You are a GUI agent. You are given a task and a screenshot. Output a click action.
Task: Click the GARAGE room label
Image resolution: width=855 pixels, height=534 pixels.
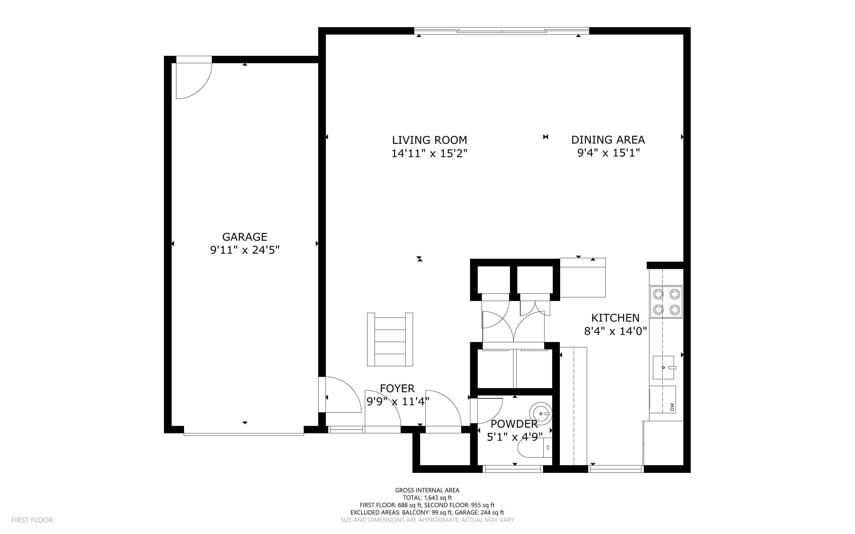click(x=244, y=237)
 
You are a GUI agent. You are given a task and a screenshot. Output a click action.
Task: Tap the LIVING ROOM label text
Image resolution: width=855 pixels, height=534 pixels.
click(x=430, y=140)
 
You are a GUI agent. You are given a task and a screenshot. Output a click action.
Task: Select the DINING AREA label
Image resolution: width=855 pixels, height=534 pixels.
click(x=608, y=140)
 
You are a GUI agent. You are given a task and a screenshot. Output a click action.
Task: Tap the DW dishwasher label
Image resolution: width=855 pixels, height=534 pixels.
click(x=672, y=407)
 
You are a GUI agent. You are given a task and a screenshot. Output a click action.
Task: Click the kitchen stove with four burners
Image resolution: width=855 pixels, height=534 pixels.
click(x=666, y=302)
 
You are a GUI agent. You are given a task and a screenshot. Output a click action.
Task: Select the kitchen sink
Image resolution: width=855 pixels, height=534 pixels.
click(x=663, y=367)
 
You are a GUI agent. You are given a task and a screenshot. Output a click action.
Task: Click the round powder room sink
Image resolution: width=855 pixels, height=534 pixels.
click(x=540, y=413)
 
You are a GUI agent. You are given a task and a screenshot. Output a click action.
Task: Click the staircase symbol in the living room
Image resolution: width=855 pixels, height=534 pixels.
click(x=390, y=339)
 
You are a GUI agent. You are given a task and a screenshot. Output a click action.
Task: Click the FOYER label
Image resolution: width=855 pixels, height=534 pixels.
click(x=397, y=388)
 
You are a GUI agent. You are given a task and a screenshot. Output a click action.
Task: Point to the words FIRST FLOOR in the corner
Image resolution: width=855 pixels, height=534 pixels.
click(x=32, y=520)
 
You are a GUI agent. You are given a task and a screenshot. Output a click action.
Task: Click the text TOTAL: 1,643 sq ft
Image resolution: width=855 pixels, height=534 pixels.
click(x=427, y=498)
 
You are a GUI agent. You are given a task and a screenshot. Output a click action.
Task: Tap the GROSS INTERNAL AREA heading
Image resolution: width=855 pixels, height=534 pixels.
click(x=427, y=490)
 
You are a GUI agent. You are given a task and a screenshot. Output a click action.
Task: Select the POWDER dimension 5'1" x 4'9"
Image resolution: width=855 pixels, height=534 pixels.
click(x=515, y=437)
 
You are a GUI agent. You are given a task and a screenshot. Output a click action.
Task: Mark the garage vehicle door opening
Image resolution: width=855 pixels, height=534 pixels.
click(x=244, y=434)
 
